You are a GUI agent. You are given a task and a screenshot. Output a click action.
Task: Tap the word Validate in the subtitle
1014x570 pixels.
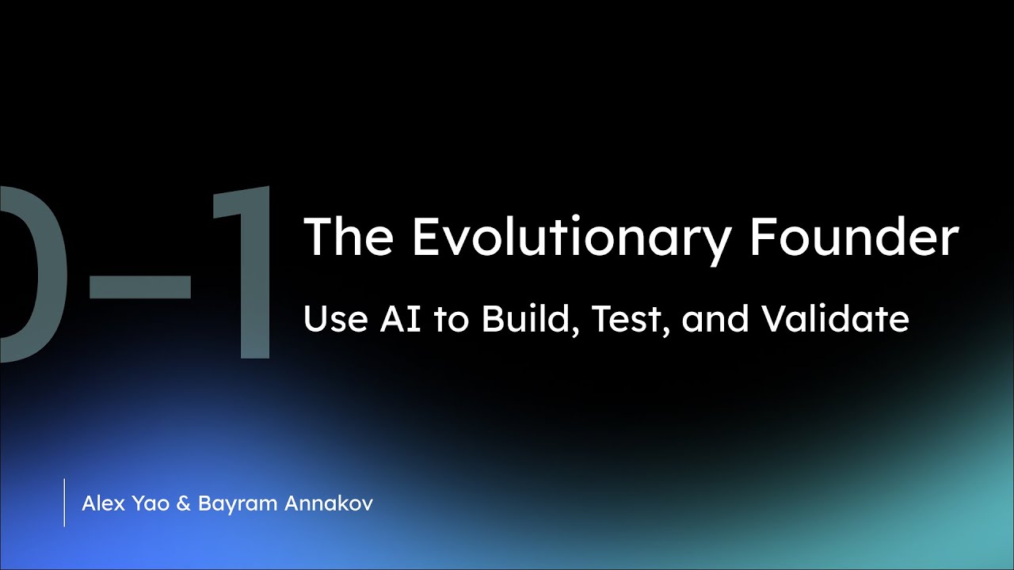[835, 319]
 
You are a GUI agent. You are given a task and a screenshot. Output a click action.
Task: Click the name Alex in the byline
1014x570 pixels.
[101, 503]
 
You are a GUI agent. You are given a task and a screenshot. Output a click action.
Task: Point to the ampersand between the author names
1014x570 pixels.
[183, 503]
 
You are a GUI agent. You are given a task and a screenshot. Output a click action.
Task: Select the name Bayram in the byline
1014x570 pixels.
[229, 504]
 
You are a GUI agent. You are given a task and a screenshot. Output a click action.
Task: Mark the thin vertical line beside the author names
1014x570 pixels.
[64, 503]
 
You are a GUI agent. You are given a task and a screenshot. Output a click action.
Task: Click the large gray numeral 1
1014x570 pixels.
[242, 273]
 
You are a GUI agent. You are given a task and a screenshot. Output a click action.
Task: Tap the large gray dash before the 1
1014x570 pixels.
[139, 287]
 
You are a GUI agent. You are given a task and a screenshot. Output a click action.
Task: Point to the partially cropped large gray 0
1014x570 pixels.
[28, 273]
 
